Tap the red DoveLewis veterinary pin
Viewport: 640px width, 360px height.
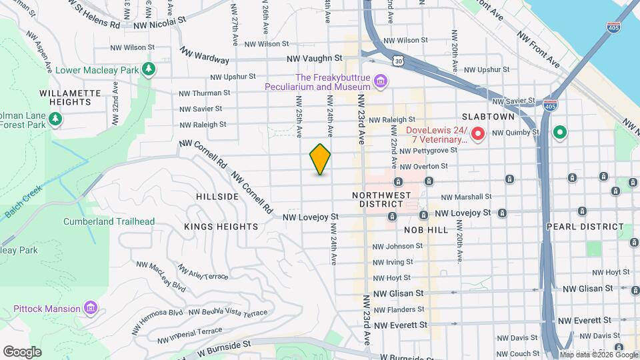coord(477,135)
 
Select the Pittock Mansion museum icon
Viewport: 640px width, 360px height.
coord(91,308)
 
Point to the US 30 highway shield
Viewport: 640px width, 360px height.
coord(398,61)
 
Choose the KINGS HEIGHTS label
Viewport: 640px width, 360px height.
coord(221,227)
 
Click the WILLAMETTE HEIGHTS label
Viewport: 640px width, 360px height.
coord(65,97)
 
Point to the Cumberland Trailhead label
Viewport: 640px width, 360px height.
coord(109,221)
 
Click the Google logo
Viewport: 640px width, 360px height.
coord(23,351)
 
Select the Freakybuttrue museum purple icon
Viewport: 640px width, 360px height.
coord(381,81)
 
